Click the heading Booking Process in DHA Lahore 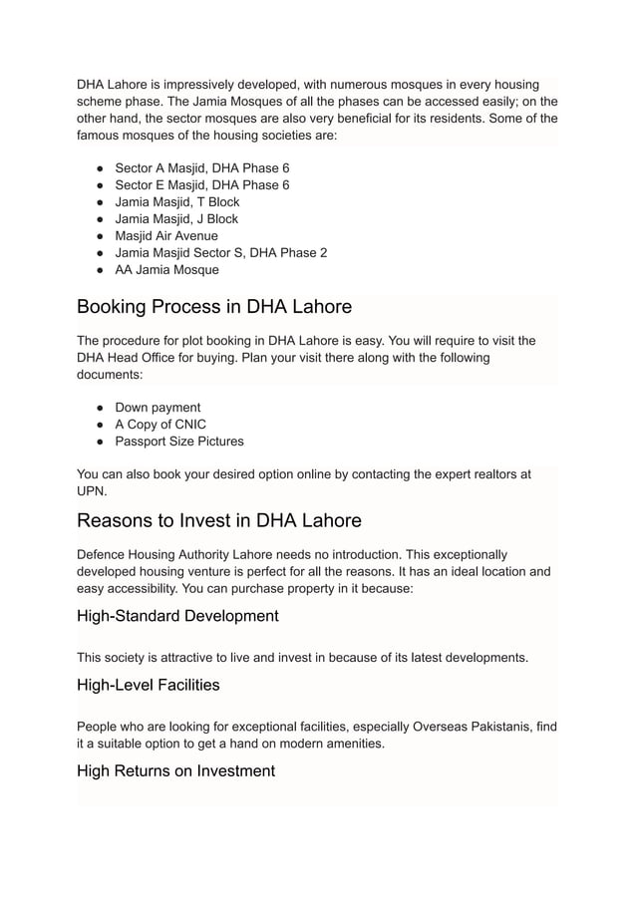pyautogui.click(x=214, y=306)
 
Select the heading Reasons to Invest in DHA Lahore pyautogui.click(x=218, y=520)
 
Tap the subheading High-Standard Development pyautogui.click(x=177, y=616)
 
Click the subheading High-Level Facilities pyautogui.click(x=149, y=685)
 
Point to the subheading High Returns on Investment pyautogui.click(x=175, y=770)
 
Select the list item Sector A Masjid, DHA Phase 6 pyautogui.click(x=202, y=167)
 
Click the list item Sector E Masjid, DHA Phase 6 pyautogui.click(x=202, y=184)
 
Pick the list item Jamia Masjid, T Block pyautogui.click(x=177, y=201)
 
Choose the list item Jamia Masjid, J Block pyautogui.click(x=176, y=218)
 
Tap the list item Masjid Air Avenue pyautogui.click(x=166, y=235)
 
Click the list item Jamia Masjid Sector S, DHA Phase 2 pyautogui.click(x=221, y=252)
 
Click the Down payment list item pyautogui.click(x=158, y=407)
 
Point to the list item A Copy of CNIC pyautogui.click(x=160, y=424)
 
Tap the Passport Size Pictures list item pyautogui.click(x=179, y=441)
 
